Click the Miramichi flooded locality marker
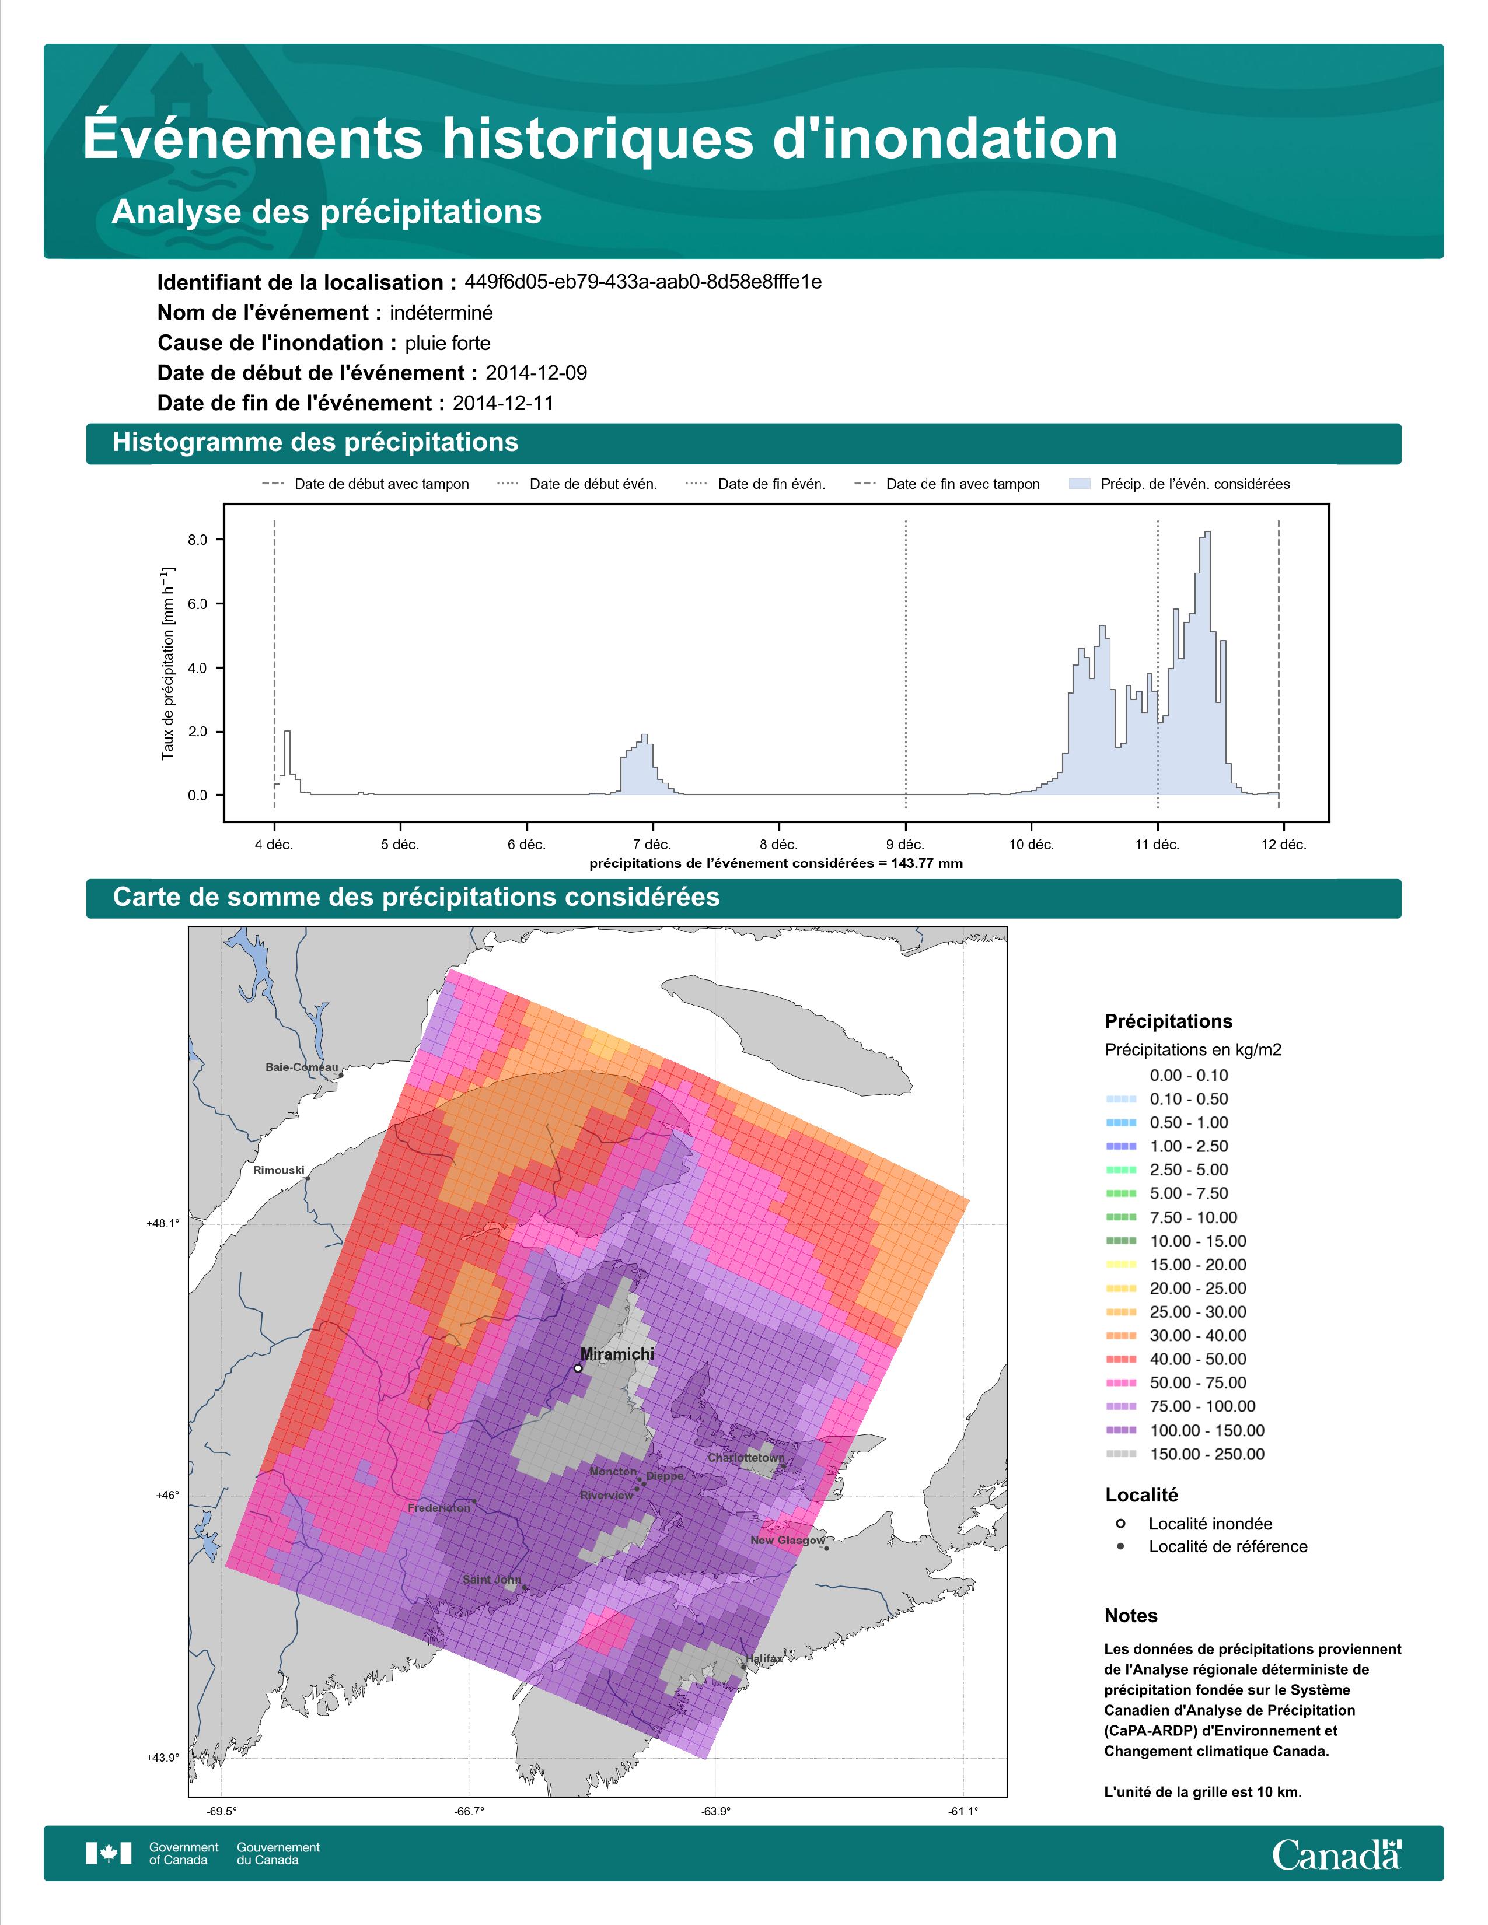577,1368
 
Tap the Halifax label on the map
763,1658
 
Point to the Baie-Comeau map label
302,1066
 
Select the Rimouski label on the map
278,1170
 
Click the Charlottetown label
746,1457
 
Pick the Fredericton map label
439,1507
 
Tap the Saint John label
492,1578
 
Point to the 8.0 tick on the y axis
197,540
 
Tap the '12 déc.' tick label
1284,845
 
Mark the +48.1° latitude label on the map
163,1223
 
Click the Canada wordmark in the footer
1336,1856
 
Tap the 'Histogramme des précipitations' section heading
316,443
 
